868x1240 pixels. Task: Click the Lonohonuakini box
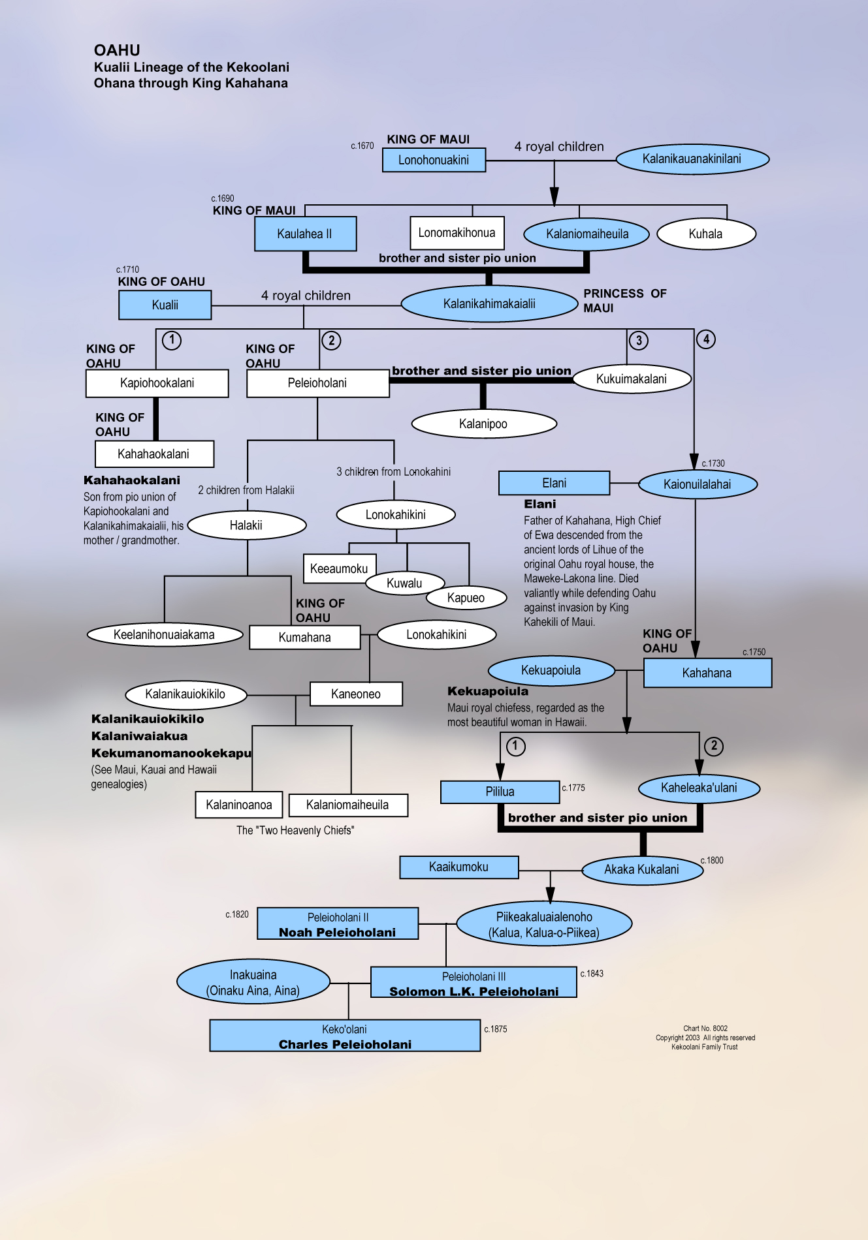(x=434, y=160)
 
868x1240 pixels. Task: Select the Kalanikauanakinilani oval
(x=692, y=159)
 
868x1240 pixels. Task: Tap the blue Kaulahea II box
(x=305, y=234)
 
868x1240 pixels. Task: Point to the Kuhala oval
(x=705, y=234)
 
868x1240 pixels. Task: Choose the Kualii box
(x=165, y=305)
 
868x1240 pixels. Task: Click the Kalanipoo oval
(x=483, y=424)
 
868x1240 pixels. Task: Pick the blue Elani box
(x=554, y=483)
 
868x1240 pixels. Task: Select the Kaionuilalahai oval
(x=697, y=484)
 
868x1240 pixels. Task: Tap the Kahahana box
(x=707, y=673)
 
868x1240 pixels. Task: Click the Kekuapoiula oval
(x=551, y=670)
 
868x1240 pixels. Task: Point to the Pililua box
(x=500, y=792)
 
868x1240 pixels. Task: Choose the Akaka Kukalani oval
(x=641, y=869)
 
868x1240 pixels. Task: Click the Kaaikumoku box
(x=458, y=867)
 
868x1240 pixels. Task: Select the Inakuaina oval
(x=253, y=982)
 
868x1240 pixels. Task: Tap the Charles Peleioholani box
(x=345, y=1036)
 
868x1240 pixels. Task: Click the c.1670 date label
(x=362, y=146)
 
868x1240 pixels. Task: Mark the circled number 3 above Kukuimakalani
(x=639, y=340)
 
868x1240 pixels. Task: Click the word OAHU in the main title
(x=117, y=50)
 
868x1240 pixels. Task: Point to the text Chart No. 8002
(x=705, y=1029)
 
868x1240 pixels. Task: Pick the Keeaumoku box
(x=339, y=568)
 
